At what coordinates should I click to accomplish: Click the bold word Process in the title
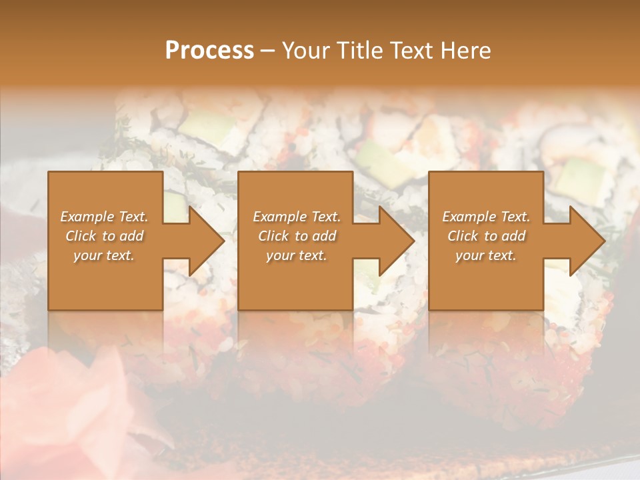tap(209, 50)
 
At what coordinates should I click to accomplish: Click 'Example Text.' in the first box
tap(104, 217)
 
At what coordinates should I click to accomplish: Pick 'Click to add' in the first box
tap(104, 236)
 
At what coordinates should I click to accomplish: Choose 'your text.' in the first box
tap(104, 255)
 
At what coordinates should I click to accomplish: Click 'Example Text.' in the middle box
tap(297, 217)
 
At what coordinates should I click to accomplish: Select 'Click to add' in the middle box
tap(297, 236)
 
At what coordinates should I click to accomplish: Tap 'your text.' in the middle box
tap(297, 255)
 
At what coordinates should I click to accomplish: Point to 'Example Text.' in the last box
tap(486, 217)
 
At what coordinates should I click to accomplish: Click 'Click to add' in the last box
tap(486, 236)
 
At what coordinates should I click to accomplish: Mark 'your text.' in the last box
tap(486, 255)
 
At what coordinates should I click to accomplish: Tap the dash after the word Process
tap(267, 51)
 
